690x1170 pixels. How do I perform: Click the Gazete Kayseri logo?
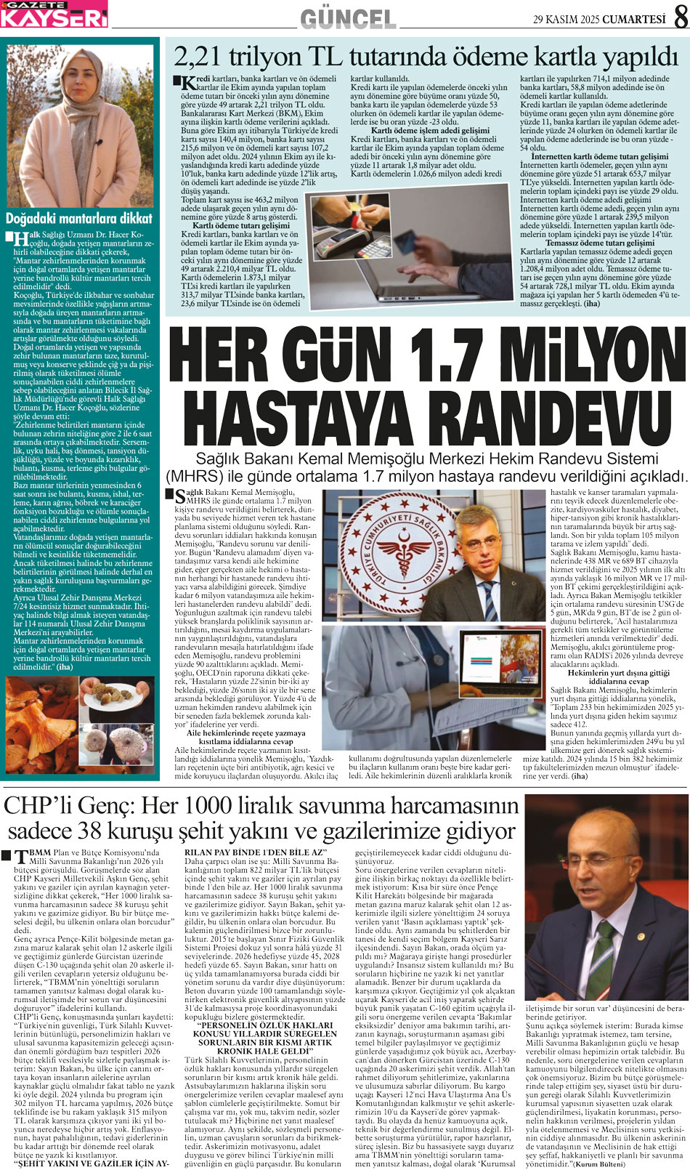coord(54,14)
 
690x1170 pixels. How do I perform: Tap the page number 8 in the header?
coord(680,17)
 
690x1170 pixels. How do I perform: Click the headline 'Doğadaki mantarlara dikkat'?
coord(79,218)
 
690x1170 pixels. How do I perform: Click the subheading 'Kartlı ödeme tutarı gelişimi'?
coord(235,225)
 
